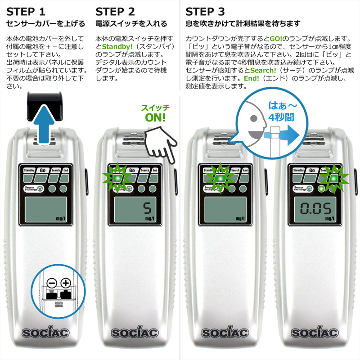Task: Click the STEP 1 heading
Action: pyautogui.click(x=26, y=12)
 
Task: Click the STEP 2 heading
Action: pyautogui.click(x=115, y=12)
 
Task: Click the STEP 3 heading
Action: pyautogui.click(x=205, y=12)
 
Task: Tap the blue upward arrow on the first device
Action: pyautogui.click(x=44, y=124)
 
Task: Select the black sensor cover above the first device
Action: pyautogui.click(x=45, y=106)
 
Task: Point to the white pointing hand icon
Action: pyautogui.click(x=161, y=144)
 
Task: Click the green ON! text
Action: pyautogui.click(x=155, y=118)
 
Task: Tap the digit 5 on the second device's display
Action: pyautogui.click(x=148, y=208)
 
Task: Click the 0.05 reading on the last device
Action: pyautogui.click(x=316, y=208)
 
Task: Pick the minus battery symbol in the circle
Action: pyautogui.click(x=52, y=283)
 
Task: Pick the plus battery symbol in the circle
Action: pyautogui.click(x=66, y=283)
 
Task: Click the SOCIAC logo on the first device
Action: pyautogui.click(x=45, y=332)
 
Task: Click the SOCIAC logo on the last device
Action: pyautogui.click(x=315, y=332)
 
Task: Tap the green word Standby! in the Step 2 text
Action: pyautogui.click(x=117, y=47)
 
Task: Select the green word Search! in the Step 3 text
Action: pyautogui.click(x=263, y=70)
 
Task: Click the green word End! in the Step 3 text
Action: pyautogui.click(x=252, y=78)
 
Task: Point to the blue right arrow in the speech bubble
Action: pyautogui.click(x=282, y=135)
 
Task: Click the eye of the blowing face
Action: pyautogui.click(x=253, y=118)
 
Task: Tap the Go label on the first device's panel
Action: pyautogui.click(x=43, y=171)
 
